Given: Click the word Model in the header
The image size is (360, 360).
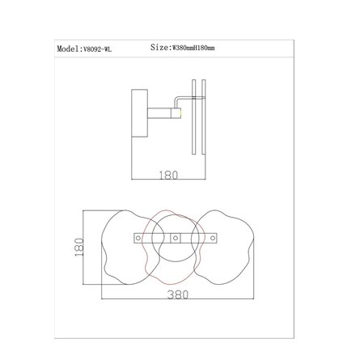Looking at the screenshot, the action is coord(67,49).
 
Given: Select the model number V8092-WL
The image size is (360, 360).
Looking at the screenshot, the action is coord(97,49).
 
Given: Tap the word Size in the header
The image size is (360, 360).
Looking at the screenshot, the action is coord(159,48).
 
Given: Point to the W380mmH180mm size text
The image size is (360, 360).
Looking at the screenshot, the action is coord(193,49).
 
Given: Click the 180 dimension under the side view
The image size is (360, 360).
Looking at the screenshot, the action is coord(168,176).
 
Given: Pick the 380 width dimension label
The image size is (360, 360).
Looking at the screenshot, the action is coord(178,294).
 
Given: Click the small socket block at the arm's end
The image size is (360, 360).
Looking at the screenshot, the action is coord(176,113).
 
